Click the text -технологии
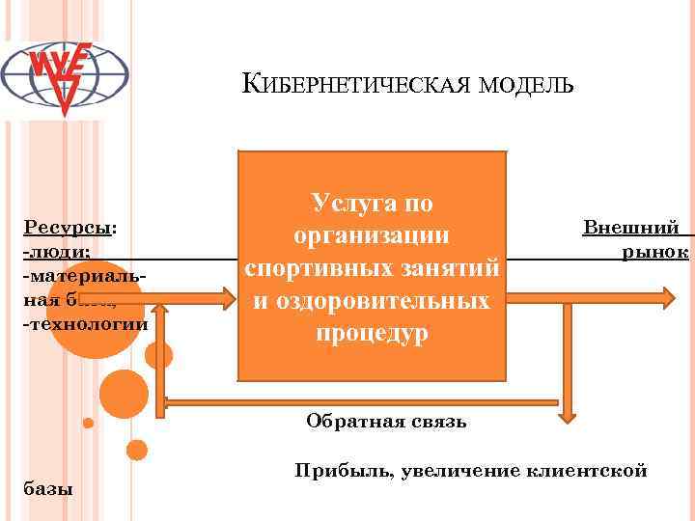(x=85, y=321)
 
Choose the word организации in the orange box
(x=372, y=234)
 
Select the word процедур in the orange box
(x=372, y=333)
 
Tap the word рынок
(x=654, y=251)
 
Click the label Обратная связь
(x=386, y=421)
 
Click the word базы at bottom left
(x=46, y=489)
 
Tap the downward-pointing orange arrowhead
(x=568, y=412)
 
